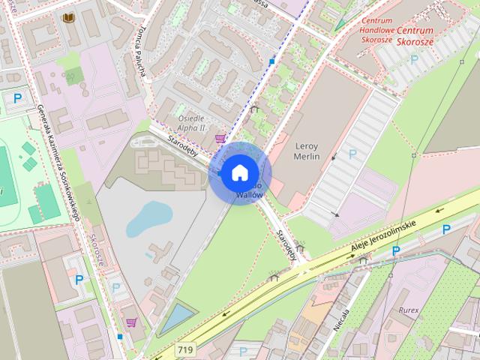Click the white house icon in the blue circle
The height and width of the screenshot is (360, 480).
pos(239,172)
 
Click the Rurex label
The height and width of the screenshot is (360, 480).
pos(409,308)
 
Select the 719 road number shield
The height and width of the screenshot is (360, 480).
pos(184,349)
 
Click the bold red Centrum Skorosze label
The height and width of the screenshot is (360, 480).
pos(415,35)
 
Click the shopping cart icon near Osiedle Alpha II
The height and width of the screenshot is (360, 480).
pos(220,139)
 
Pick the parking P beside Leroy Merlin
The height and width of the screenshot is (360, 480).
pos(353,153)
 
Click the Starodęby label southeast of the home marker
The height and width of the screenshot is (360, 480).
pos(286,244)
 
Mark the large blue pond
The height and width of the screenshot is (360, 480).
pos(149,217)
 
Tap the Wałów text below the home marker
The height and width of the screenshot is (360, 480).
pos(249,195)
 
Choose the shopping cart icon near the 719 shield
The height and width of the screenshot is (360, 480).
pos(132,323)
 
